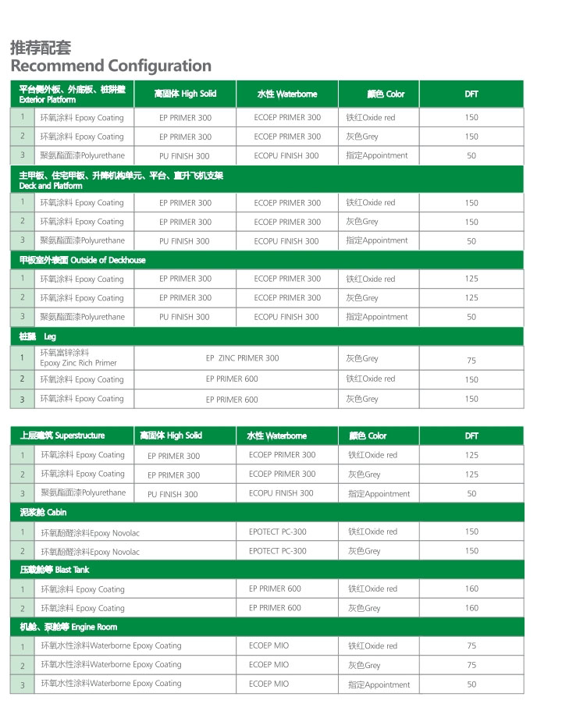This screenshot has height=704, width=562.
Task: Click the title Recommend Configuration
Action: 111,66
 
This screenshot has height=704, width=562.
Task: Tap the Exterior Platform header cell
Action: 72,94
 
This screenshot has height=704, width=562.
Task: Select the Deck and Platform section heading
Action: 121,181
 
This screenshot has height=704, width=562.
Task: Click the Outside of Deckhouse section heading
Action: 83,260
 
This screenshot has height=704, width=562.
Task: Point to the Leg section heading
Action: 37,336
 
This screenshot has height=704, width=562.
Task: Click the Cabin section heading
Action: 44,513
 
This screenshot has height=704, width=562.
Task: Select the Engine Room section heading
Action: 69,627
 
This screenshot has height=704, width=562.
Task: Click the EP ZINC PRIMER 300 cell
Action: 242,358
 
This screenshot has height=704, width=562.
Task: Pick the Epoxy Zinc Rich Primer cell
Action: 78,358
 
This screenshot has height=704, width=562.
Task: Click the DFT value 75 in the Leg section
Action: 471,361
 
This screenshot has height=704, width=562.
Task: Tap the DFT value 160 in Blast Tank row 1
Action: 471,589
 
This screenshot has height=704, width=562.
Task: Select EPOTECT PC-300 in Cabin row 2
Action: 278,551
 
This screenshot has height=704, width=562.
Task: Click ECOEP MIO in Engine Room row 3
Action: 269,684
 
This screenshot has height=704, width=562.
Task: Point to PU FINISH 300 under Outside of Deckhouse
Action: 184,318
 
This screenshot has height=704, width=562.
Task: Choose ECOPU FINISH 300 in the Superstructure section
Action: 281,493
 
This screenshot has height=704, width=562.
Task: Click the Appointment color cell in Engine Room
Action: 379,684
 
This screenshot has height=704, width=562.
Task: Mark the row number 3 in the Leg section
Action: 22,400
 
